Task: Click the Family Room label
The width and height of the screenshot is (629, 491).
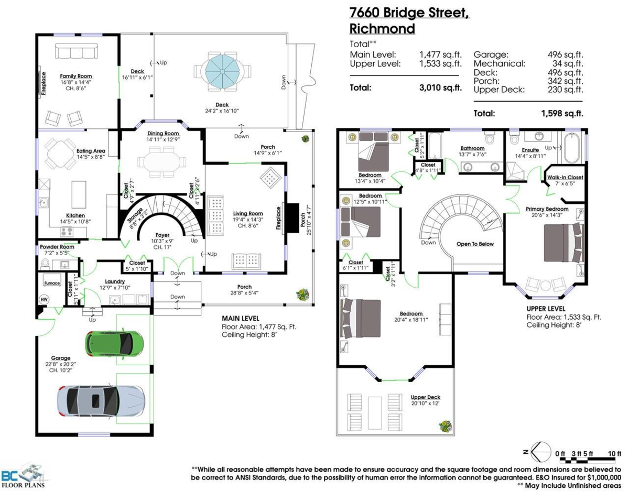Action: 75,76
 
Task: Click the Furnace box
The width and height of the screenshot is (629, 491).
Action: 52,283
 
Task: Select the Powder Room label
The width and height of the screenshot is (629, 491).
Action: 56,247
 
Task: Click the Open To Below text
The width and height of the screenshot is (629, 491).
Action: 475,244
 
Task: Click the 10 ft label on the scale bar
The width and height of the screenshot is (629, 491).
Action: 614,453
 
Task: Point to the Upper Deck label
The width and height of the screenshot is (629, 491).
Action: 425,397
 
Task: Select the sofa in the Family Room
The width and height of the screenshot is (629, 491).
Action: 77,51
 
